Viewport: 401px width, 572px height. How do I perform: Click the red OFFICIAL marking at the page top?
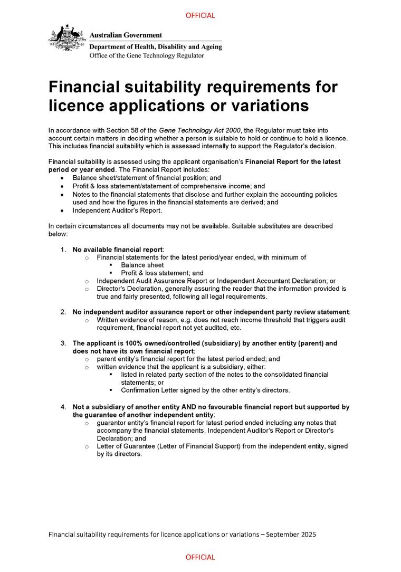[x=200, y=15]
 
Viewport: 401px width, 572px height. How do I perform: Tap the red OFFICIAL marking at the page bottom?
[x=200, y=557]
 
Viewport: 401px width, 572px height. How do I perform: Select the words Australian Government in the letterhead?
[x=126, y=35]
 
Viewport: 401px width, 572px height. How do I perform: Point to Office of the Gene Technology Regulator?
[x=146, y=55]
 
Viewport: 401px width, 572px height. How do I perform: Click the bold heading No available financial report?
[x=118, y=249]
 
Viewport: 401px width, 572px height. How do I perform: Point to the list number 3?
[x=63, y=343]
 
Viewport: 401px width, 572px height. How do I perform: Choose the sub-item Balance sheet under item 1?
[x=142, y=265]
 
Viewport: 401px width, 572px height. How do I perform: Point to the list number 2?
[x=63, y=312]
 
